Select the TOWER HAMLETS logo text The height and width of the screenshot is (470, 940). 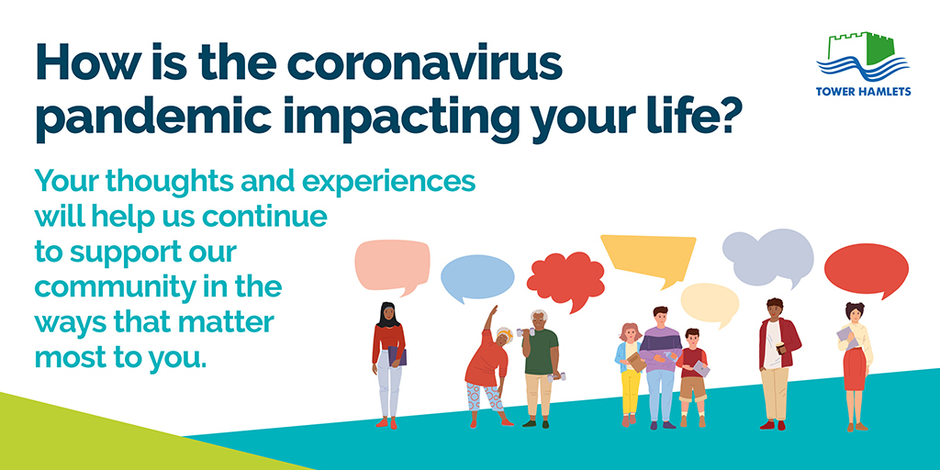(863, 92)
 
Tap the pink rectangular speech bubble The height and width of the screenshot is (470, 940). (392, 266)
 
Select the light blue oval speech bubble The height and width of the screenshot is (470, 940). (477, 277)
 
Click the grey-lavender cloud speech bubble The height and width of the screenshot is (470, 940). (768, 257)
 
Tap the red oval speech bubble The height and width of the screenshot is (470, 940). (867, 270)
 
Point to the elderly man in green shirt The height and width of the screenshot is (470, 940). (541, 368)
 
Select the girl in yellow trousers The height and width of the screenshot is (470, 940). (629, 375)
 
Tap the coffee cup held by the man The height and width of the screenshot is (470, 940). (781, 348)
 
